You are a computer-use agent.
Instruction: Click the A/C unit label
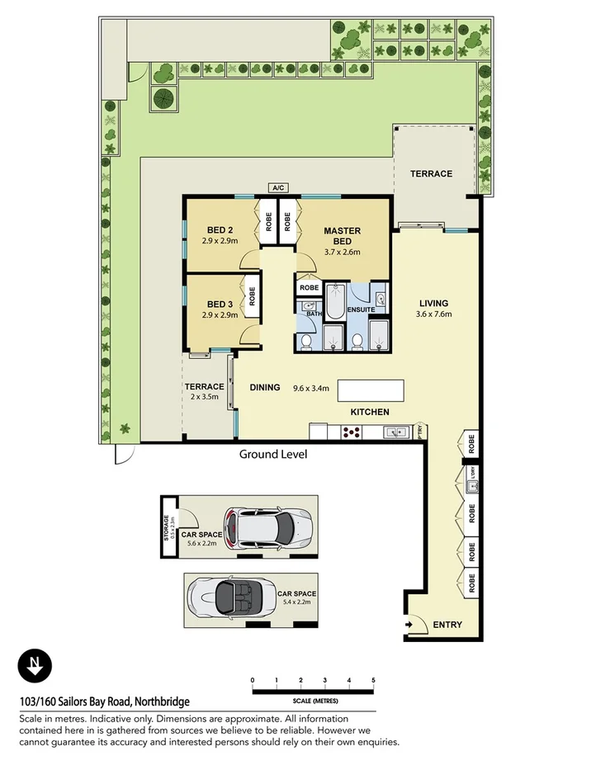277,188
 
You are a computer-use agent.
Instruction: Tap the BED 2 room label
220,230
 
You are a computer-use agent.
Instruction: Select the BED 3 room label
220,304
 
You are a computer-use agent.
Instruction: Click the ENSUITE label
361,309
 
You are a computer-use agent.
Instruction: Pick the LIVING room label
434,303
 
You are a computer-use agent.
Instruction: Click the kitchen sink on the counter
394,431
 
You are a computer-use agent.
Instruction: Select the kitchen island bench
371,390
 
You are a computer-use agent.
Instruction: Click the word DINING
264,387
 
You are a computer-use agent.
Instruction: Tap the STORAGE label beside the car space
167,527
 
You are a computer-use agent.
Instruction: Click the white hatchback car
269,527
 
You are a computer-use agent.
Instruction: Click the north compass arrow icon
35,666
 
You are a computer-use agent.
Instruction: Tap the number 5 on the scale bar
374,680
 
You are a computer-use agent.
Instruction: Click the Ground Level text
273,455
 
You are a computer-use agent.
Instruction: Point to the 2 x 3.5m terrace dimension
204,397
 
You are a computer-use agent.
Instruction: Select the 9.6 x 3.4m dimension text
311,387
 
